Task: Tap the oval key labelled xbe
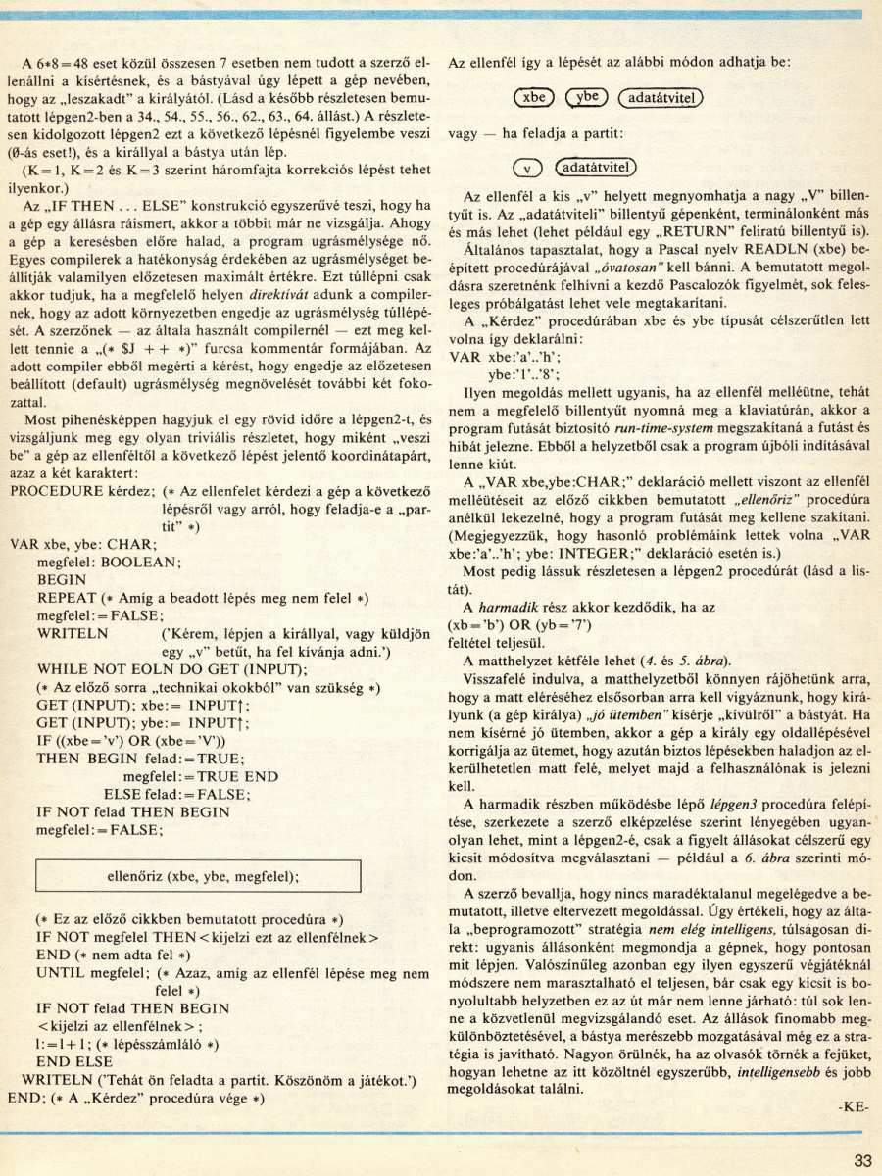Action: (534, 98)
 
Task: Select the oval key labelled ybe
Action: (587, 98)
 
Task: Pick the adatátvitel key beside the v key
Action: (596, 167)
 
